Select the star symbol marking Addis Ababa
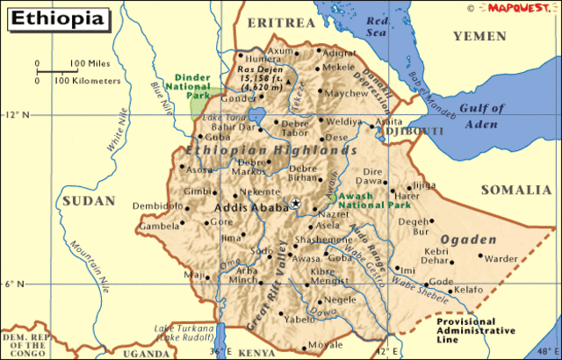point(296,205)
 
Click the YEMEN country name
point(479,36)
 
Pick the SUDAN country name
point(88,200)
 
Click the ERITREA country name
point(280,21)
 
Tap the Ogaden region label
point(461,239)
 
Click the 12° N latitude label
point(15,115)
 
